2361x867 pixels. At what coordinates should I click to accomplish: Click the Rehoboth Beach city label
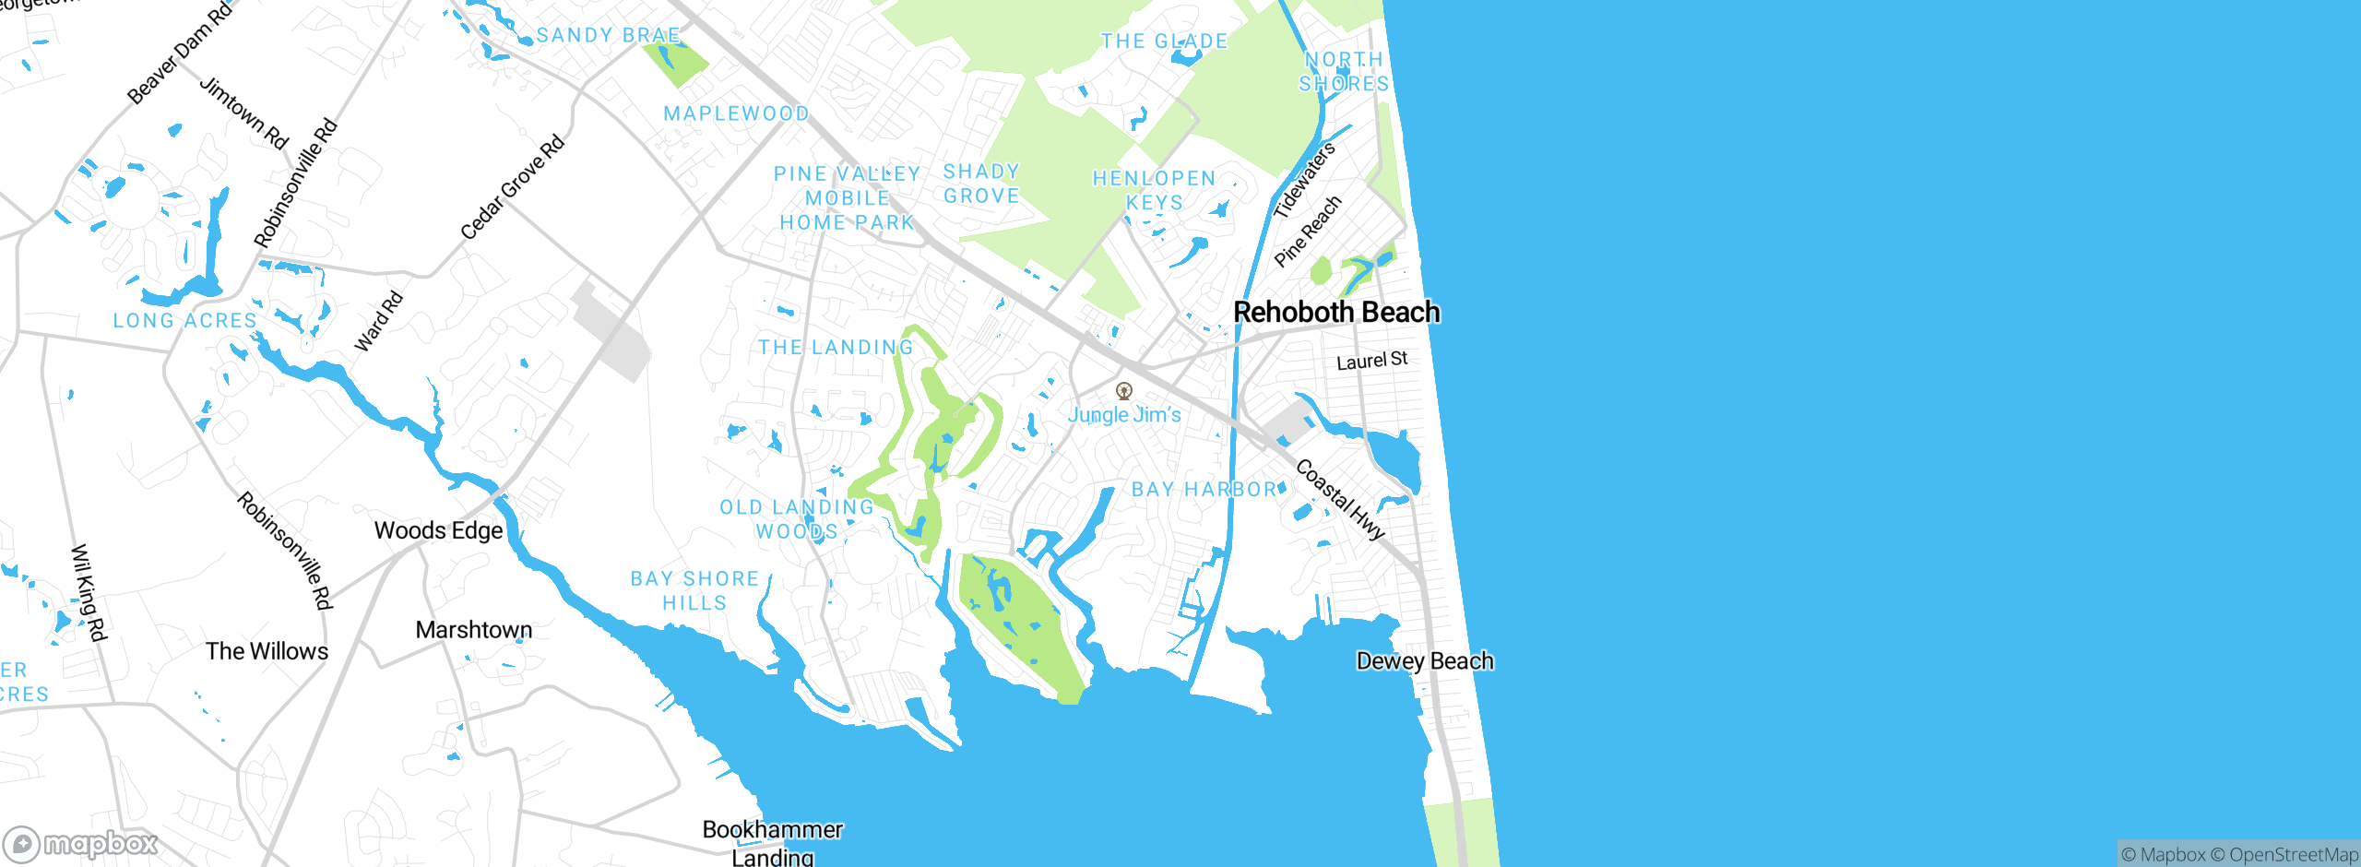pos(1336,313)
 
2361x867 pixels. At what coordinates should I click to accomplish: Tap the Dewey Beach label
pos(1425,661)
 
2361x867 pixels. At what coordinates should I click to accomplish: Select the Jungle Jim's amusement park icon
pos(1123,391)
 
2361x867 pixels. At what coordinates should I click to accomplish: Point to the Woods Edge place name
pos(438,530)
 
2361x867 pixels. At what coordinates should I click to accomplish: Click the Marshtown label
pos(474,630)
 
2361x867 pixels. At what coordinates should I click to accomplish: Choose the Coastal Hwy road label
pos(1340,499)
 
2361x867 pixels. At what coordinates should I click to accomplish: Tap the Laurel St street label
pos(1372,361)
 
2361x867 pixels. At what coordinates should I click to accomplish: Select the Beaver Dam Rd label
pos(180,53)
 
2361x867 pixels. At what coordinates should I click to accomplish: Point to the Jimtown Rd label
pos(244,113)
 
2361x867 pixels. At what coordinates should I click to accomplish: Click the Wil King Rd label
pos(89,592)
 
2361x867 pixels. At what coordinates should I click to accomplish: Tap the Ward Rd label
pos(379,321)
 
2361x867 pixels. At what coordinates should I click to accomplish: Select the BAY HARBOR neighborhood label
pos(1204,490)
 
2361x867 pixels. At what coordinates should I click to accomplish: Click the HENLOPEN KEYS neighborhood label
pos(1154,190)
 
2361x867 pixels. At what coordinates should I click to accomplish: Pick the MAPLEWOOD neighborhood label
pos(736,113)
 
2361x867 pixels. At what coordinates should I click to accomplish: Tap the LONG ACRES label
pos(184,321)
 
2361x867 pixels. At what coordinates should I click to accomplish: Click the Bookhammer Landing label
pos(773,843)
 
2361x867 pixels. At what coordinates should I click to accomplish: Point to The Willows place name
pos(267,651)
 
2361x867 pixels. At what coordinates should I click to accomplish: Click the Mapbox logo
pos(81,843)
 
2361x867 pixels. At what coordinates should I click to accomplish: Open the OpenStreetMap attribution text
pos(2293,855)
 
